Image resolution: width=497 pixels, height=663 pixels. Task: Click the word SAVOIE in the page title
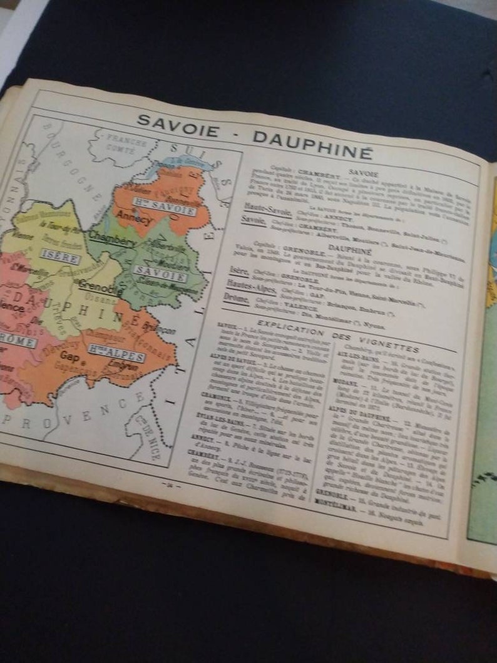coord(178,125)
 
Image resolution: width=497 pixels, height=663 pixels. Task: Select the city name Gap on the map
coord(69,356)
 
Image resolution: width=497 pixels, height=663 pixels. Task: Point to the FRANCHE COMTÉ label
coord(126,142)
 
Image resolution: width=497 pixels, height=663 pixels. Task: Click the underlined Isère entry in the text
coord(238,270)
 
